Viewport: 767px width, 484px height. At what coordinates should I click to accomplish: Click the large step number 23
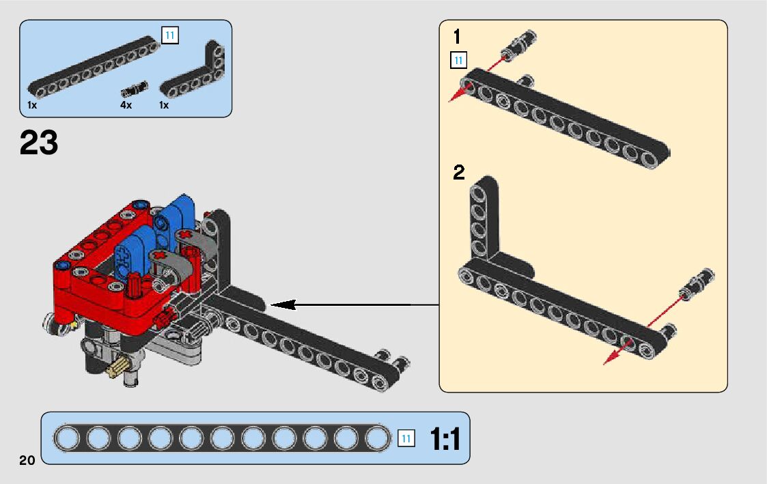point(39,143)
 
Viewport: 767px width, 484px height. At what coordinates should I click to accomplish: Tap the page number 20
point(27,459)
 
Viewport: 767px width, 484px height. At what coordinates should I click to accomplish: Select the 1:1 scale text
point(445,439)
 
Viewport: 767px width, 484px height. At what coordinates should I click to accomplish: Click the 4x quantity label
point(126,105)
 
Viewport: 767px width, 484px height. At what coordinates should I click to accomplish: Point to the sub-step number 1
point(457,37)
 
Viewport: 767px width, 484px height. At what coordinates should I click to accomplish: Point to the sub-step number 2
point(458,173)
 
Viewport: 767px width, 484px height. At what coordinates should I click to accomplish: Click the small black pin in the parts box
point(135,89)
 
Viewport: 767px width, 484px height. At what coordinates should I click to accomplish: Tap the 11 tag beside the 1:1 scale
point(406,439)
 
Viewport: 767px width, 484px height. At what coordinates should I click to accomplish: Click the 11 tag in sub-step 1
point(458,60)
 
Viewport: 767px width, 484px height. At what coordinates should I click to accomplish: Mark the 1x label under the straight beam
point(32,105)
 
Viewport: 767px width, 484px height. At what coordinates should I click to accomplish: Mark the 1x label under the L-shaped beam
point(164,105)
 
